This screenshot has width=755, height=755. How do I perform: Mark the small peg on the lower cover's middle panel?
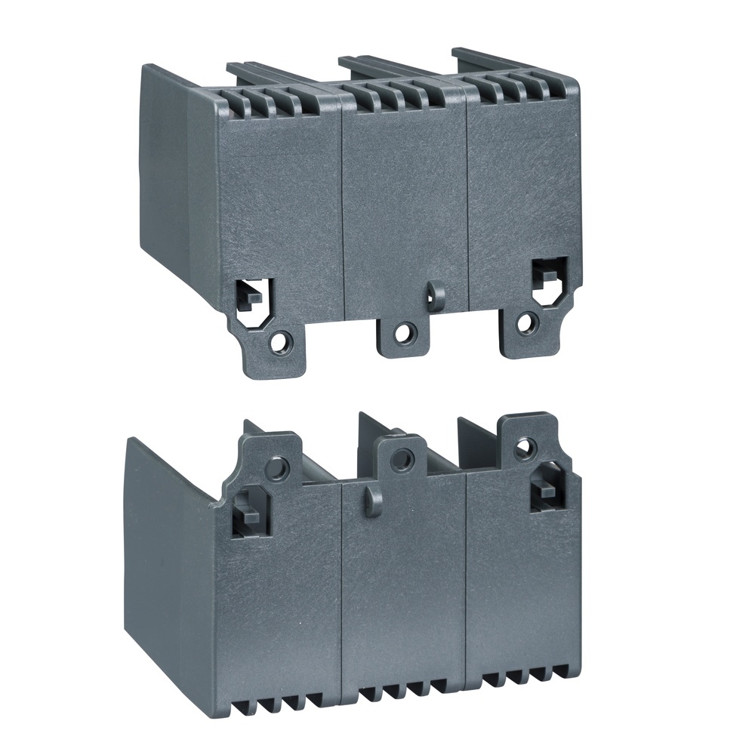[369, 501]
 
